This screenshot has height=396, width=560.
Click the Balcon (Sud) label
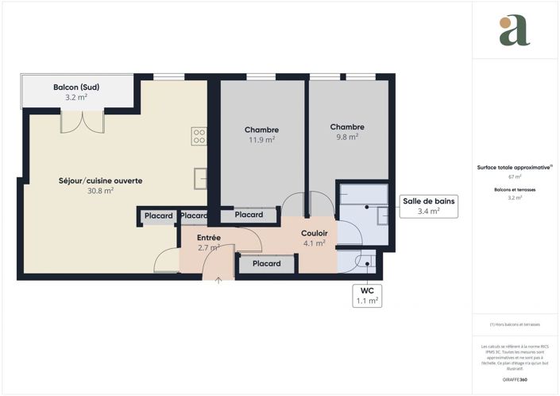(x=76, y=87)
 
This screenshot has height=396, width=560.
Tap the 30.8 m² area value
(x=100, y=191)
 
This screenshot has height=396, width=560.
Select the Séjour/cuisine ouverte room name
(x=101, y=181)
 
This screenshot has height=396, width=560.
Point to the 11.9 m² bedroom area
(x=261, y=140)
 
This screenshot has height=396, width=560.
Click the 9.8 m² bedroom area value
(x=347, y=137)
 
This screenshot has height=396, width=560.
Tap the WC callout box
(x=366, y=296)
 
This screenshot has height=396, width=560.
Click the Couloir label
(x=315, y=233)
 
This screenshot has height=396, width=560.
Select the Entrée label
(x=209, y=238)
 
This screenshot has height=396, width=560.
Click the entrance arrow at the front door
(x=220, y=279)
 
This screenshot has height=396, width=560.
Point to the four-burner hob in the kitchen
(x=199, y=136)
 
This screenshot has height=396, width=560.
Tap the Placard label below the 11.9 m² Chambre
(x=249, y=215)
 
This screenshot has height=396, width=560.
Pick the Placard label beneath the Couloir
(x=266, y=264)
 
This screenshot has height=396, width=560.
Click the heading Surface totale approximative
(x=514, y=167)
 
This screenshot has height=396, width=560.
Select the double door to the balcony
(x=82, y=122)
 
